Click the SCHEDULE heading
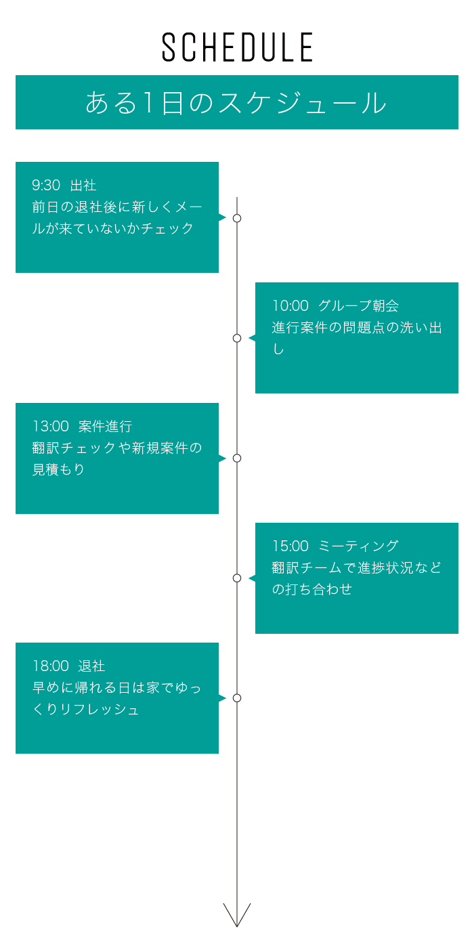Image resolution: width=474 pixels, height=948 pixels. point(237,47)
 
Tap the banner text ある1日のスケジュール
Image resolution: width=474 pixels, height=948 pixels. point(236,103)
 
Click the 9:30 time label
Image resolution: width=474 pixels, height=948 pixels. point(46,186)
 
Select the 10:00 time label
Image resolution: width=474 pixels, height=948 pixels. point(290,305)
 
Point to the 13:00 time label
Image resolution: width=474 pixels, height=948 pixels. point(51,426)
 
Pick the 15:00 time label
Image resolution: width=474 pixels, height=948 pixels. point(290,546)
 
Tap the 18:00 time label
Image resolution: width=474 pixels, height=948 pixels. point(51,666)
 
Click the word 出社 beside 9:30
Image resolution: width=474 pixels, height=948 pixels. point(83,186)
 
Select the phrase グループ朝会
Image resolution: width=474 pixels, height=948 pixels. point(358,305)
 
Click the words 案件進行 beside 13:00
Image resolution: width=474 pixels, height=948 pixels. point(105,426)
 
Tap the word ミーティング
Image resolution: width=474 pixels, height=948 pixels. point(358,546)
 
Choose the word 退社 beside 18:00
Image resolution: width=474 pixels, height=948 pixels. point(91,666)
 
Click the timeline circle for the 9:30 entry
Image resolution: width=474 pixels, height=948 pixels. point(237,218)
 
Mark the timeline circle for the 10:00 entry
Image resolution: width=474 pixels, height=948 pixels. point(237,338)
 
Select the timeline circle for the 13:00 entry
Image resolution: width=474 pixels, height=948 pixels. point(237,458)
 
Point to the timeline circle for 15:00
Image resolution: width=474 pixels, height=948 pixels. point(237,578)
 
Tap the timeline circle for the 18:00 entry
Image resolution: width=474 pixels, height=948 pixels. point(237,698)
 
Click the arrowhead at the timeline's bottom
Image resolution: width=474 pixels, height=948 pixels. point(237,926)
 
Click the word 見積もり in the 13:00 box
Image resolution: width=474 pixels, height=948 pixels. point(58,469)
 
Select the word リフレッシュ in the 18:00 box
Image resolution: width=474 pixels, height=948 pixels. point(100,710)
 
